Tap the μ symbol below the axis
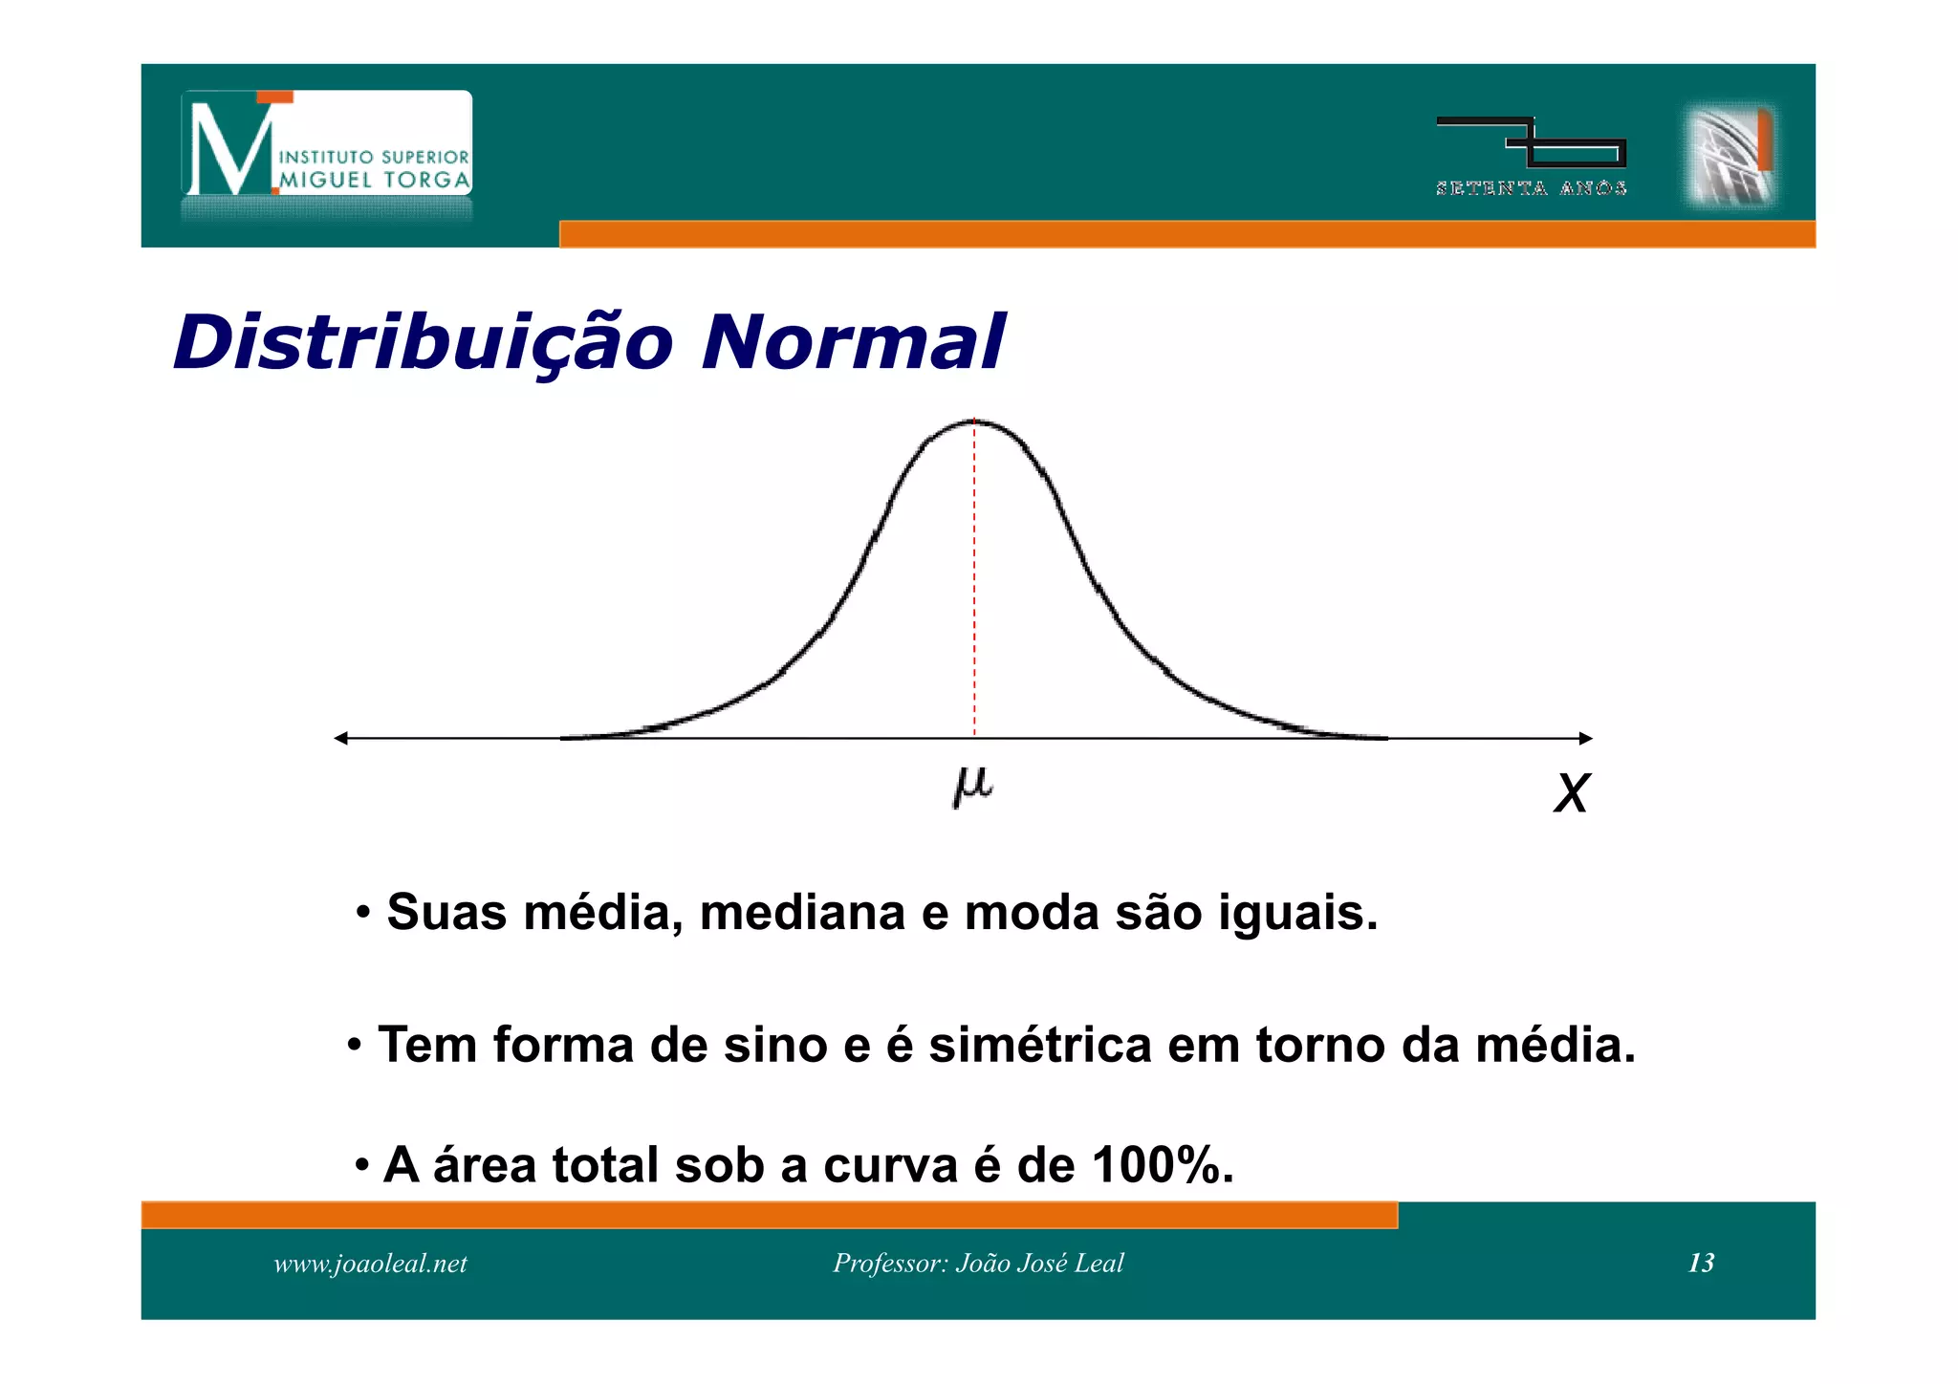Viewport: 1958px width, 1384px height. [x=973, y=786]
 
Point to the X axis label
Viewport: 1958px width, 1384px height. [x=1571, y=793]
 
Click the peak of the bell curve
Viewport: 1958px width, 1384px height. [x=974, y=422]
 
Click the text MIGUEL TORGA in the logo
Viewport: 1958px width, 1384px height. [x=375, y=180]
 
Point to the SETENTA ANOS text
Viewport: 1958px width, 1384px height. [x=1531, y=188]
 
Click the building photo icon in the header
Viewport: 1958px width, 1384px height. [x=1730, y=156]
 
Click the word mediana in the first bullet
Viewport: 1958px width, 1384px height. [x=801, y=912]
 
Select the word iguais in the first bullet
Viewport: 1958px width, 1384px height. [x=1297, y=912]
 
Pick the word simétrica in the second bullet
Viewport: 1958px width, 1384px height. [x=1039, y=1045]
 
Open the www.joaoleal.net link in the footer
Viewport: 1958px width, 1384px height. [x=370, y=1264]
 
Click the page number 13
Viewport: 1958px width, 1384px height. [x=1701, y=1263]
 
